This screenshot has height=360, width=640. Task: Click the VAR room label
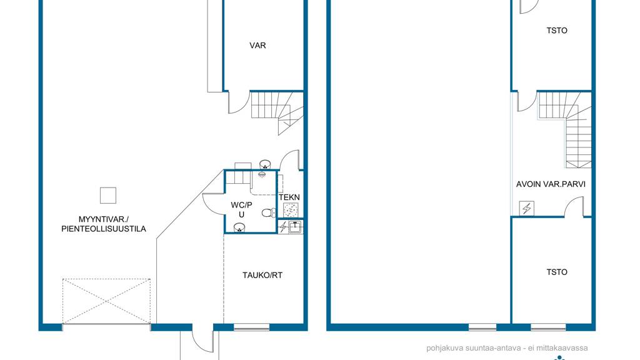(x=257, y=45)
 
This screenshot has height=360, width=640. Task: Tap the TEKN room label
(x=289, y=197)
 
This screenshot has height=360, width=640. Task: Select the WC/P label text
(x=242, y=205)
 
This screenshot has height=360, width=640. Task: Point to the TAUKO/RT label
(x=262, y=276)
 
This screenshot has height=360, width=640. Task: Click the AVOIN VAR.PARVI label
(x=551, y=184)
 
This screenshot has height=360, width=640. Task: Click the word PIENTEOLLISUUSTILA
(x=104, y=229)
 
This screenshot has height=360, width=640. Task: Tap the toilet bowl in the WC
(x=268, y=212)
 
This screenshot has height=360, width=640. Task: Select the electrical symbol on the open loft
(x=526, y=208)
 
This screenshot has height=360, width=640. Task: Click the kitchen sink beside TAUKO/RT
(x=295, y=226)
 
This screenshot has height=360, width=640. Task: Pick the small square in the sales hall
(x=108, y=196)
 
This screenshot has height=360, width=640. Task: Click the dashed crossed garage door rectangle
(x=106, y=302)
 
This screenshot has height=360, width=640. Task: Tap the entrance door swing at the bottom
(x=203, y=339)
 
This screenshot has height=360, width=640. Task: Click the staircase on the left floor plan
(x=277, y=112)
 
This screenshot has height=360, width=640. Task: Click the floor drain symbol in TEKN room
(x=291, y=210)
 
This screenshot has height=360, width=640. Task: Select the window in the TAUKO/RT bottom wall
(x=251, y=327)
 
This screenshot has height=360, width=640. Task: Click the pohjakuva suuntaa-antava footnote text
(x=507, y=348)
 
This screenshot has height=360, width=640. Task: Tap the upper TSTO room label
(x=557, y=31)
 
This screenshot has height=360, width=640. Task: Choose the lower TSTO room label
(x=557, y=272)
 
